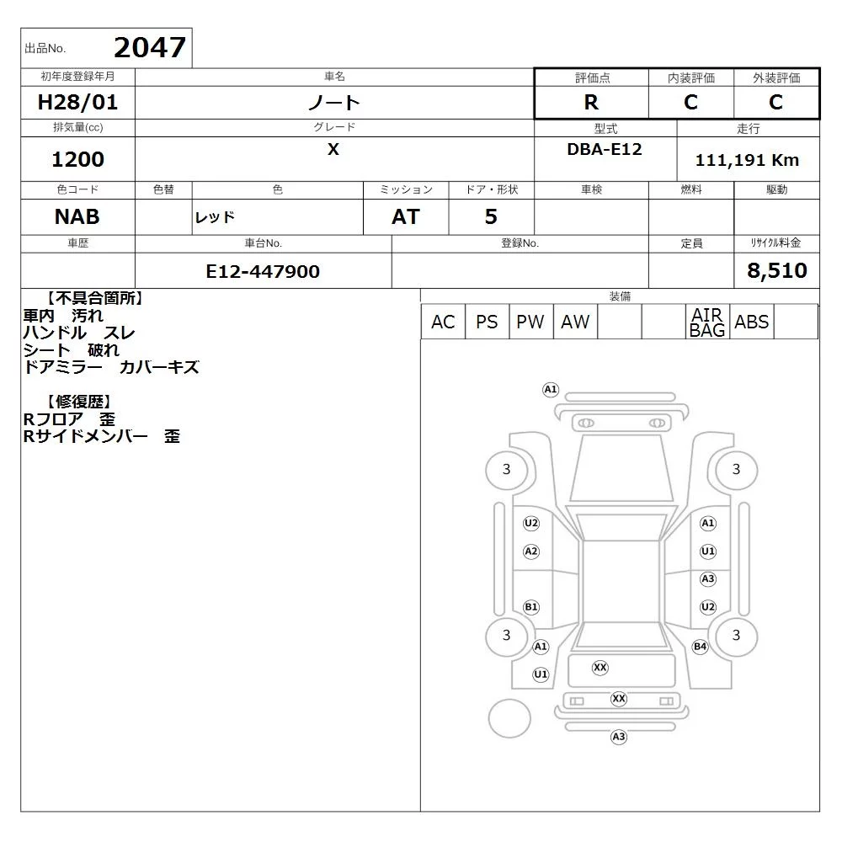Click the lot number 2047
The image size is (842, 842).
(150, 47)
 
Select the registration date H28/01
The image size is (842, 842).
(77, 102)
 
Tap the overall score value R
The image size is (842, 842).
(591, 102)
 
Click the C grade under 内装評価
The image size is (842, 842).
(690, 102)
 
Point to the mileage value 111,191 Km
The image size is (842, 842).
(747, 160)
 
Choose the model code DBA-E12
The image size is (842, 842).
(605, 149)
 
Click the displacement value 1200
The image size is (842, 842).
(77, 159)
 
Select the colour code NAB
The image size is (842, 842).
(77, 217)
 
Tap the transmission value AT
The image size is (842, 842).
(406, 217)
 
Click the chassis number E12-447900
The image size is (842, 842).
(263, 271)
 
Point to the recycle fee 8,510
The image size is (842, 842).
(777, 270)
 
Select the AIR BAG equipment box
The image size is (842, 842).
(707, 322)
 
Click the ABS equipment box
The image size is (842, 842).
(752, 322)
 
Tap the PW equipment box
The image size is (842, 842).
(530, 322)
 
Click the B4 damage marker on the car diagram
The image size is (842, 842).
(701, 647)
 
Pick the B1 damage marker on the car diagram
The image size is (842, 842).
(531, 607)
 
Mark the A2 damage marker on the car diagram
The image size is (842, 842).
(531, 551)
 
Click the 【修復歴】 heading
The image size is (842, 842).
(79, 401)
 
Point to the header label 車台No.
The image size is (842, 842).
(263, 243)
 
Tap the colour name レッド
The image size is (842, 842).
(215, 217)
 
